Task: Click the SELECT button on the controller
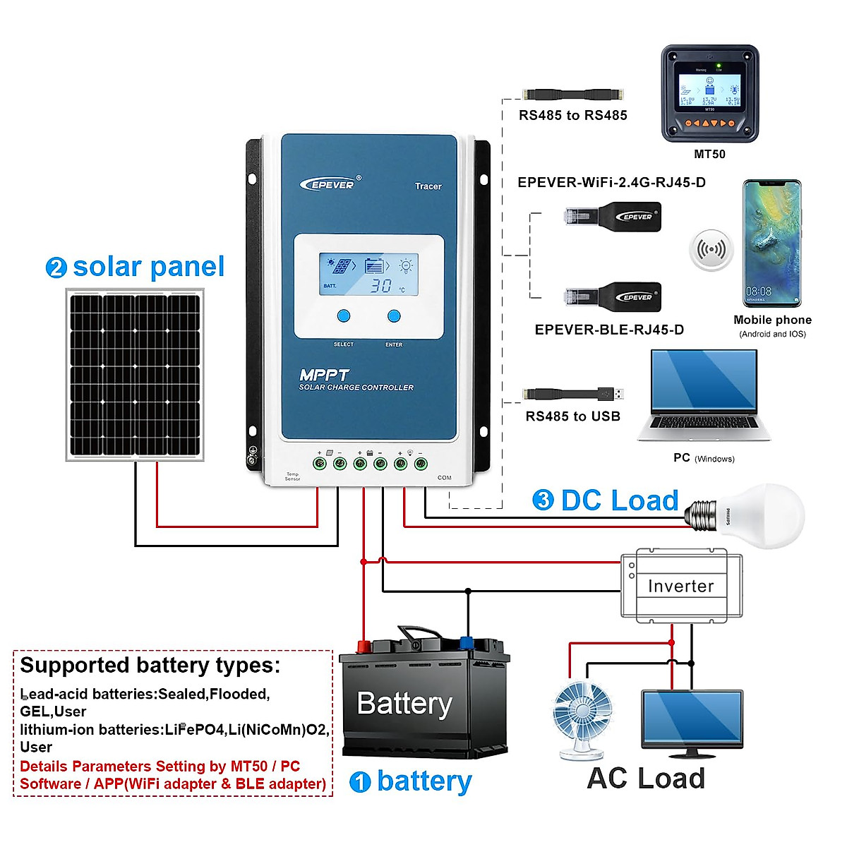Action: (x=344, y=316)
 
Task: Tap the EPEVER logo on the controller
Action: (x=330, y=184)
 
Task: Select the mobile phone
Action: (x=772, y=244)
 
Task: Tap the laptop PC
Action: (x=703, y=395)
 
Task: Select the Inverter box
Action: (x=681, y=586)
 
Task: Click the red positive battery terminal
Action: (x=364, y=646)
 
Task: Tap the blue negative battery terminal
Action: (x=467, y=642)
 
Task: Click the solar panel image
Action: (x=135, y=375)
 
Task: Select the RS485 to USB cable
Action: (x=572, y=394)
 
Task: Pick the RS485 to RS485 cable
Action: (x=572, y=94)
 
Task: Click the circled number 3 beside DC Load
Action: (x=543, y=500)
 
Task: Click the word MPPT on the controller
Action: (x=324, y=375)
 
